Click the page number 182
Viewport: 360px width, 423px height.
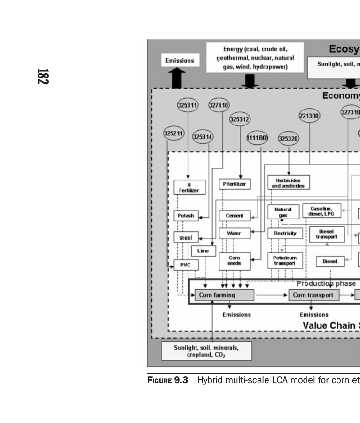tap(43, 77)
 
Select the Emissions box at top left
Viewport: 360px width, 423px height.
tap(180, 60)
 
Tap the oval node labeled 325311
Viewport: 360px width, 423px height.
tap(187, 105)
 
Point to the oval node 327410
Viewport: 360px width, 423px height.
tap(219, 105)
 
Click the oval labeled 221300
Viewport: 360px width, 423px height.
tap(309, 116)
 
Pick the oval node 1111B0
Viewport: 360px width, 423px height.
tap(257, 138)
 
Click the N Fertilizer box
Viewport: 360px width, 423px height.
tap(189, 187)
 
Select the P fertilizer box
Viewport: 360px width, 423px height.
tap(235, 184)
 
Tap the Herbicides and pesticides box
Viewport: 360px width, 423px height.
tap(289, 183)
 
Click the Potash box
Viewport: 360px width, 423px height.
tap(186, 216)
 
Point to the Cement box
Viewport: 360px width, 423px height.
tap(235, 216)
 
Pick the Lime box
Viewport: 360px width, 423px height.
tap(203, 251)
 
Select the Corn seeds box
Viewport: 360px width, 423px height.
tap(234, 261)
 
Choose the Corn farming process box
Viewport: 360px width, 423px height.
tap(224, 295)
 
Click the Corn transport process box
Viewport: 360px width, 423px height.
tap(313, 295)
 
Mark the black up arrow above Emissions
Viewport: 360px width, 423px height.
tap(177, 78)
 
